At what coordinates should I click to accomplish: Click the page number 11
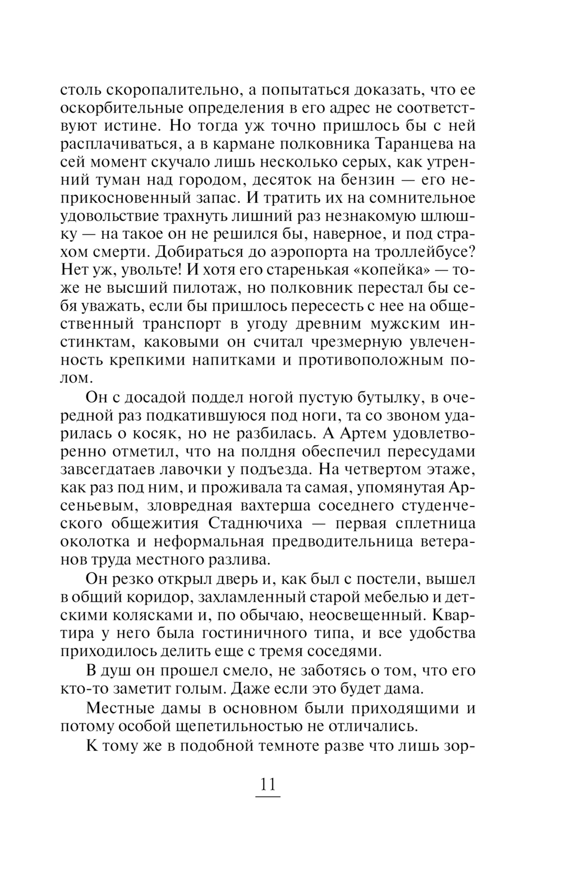(268, 783)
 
